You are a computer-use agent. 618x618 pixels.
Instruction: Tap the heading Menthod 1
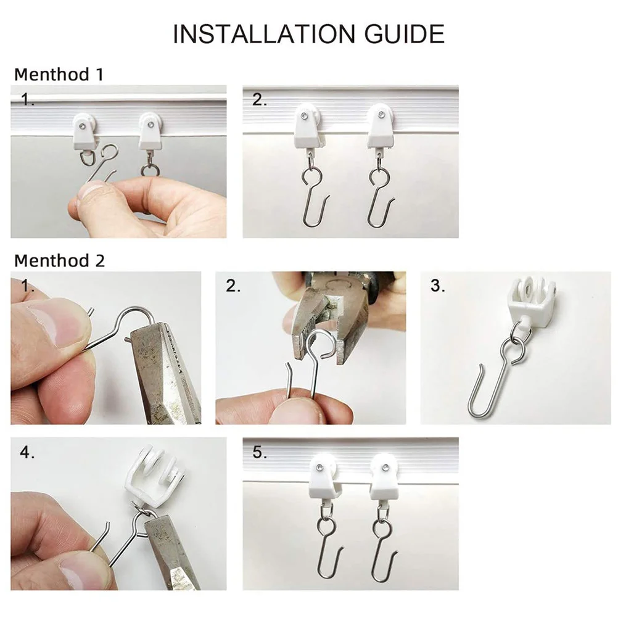[x=59, y=75]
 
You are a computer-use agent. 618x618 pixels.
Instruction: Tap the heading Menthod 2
[x=59, y=260]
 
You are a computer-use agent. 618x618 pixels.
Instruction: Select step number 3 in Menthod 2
[x=437, y=286]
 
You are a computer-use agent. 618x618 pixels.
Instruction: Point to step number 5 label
[x=259, y=453]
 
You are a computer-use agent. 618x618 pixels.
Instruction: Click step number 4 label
[x=27, y=453]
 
